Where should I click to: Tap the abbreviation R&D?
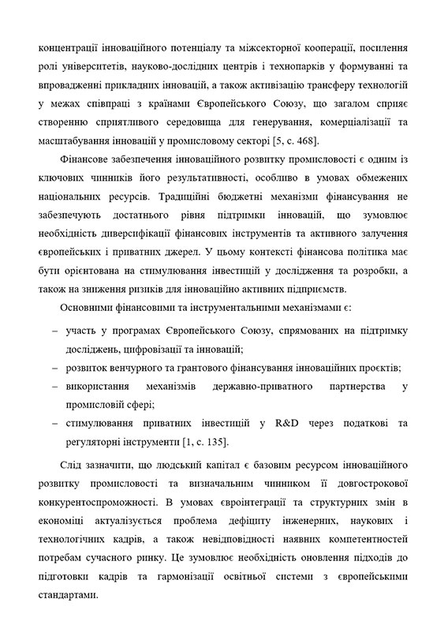287,424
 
